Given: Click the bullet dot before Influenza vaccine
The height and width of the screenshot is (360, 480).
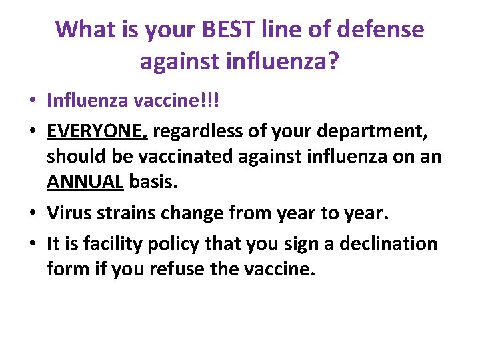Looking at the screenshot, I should pos(32,101).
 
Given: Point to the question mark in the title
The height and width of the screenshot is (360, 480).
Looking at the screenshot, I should pos(333,61).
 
